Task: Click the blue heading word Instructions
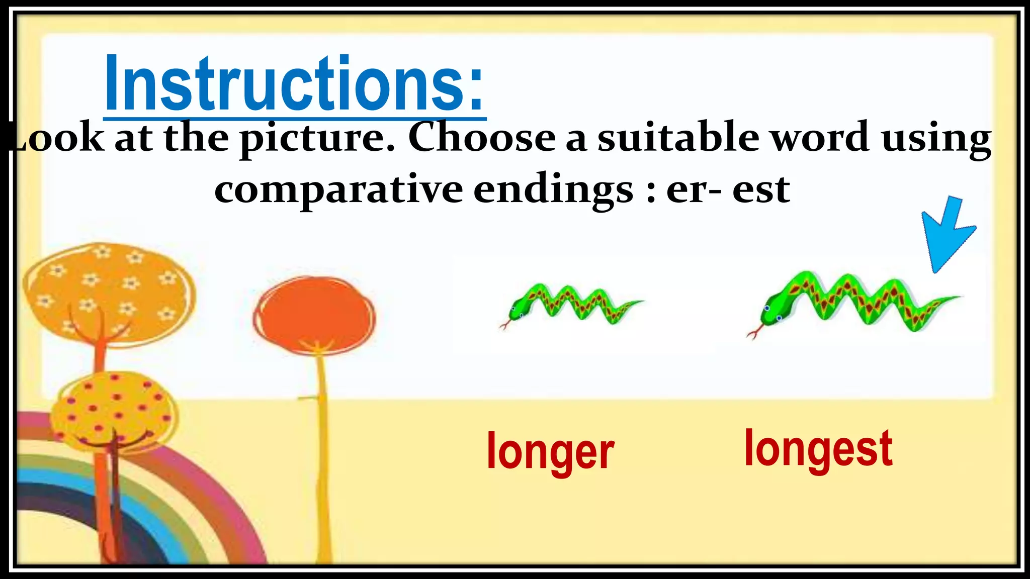(294, 83)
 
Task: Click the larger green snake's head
(772, 312)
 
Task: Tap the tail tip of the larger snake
(958, 298)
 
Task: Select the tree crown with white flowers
(108, 292)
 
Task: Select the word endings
(553, 191)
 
